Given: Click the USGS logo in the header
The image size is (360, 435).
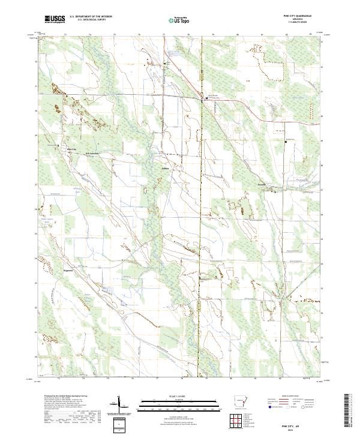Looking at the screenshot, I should coord(54,19).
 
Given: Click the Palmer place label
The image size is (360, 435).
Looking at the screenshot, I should coord(166,169).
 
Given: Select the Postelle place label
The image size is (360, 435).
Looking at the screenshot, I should coord(262,184).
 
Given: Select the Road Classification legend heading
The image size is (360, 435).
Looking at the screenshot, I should coord(289,397).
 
